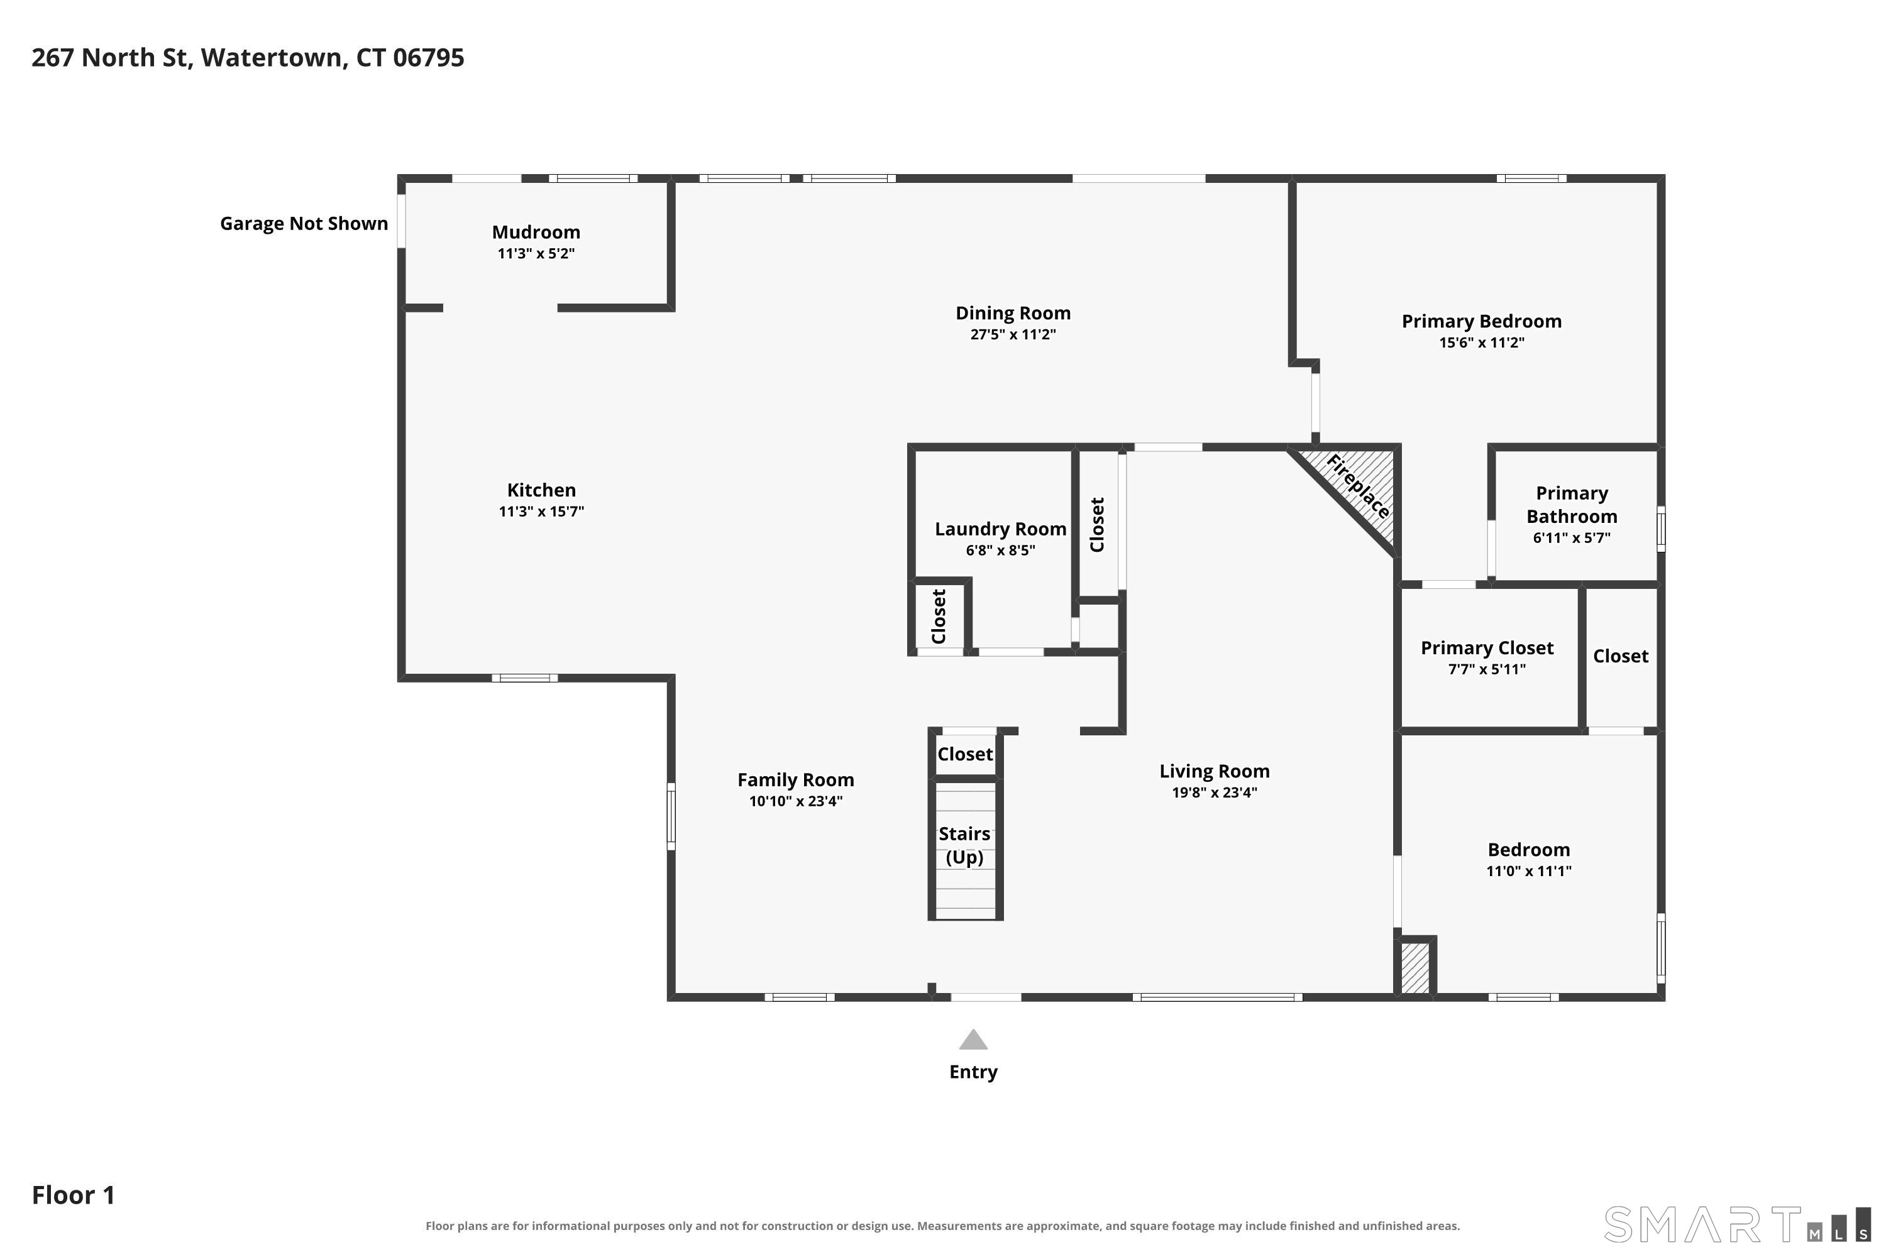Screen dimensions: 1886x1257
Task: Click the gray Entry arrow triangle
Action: tap(973, 1041)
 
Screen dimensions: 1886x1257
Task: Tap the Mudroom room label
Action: tap(536, 233)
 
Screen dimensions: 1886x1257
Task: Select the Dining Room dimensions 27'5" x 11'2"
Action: tap(1013, 334)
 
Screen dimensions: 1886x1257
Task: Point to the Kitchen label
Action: tap(541, 490)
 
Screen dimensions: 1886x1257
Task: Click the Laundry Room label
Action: tap(1000, 529)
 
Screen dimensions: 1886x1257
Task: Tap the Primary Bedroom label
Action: tap(1481, 321)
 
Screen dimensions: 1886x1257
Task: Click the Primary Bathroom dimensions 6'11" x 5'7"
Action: tap(1571, 538)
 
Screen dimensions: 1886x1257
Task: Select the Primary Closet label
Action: tap(1487, 648)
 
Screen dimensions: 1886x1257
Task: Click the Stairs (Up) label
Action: tap(964, 846)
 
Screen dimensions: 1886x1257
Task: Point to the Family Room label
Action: tap(795, 780)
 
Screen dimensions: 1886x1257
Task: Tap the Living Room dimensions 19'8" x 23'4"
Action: tap(1214, 793)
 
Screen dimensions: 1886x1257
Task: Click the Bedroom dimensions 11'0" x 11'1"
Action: tap(1528, 871)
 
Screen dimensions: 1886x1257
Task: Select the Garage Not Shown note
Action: tap(304, 224)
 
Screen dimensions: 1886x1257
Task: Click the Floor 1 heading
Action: tap(73, 1195)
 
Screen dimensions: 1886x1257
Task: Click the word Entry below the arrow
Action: tap(973, 1073)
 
